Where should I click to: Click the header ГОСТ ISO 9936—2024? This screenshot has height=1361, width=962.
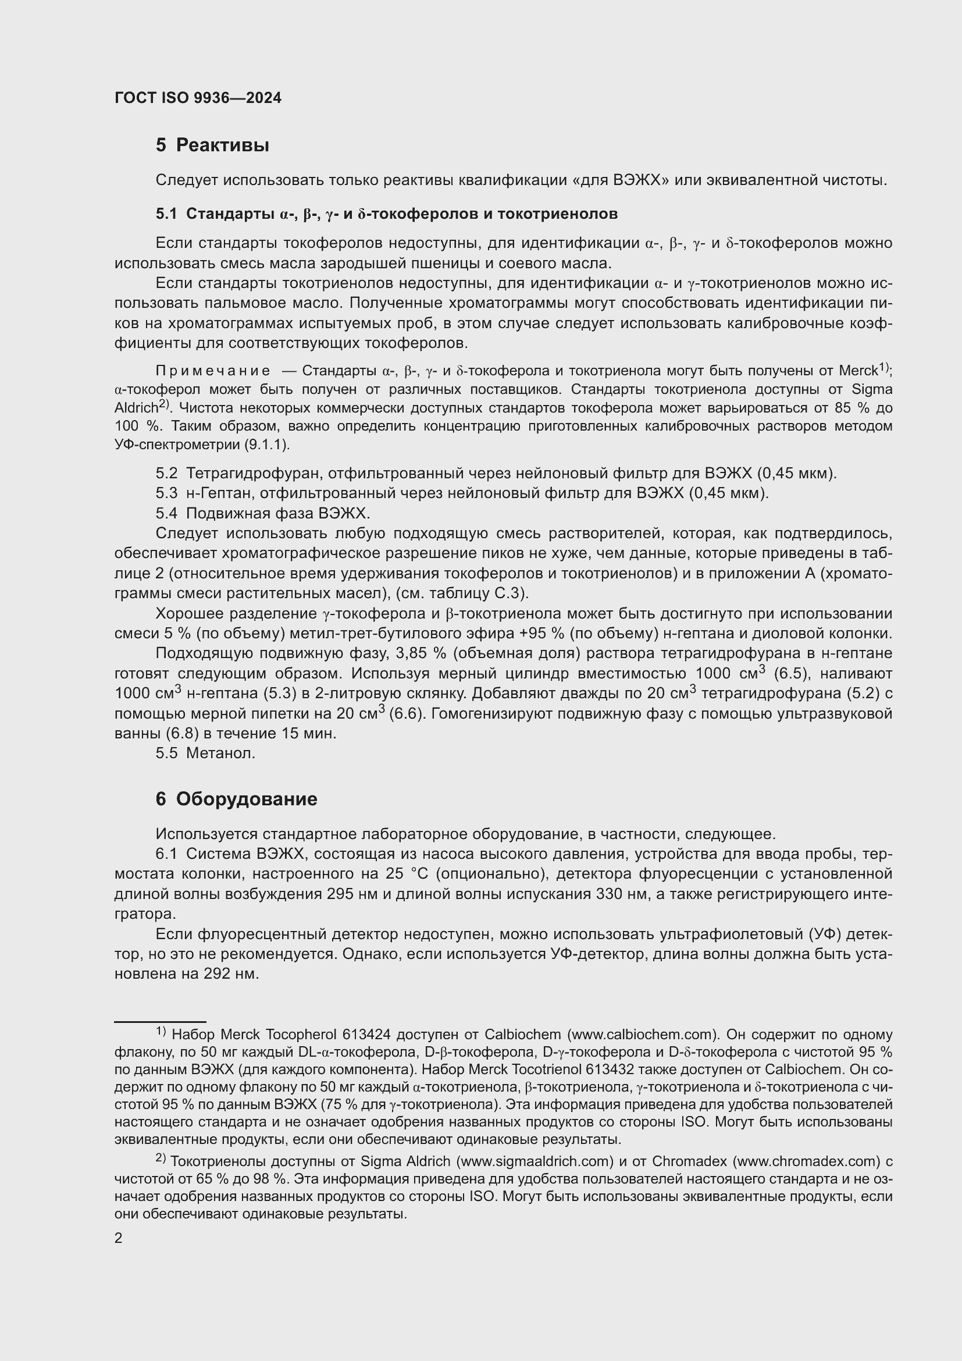[x=198, y=98]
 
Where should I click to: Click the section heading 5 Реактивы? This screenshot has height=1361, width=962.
[x=212, y=145]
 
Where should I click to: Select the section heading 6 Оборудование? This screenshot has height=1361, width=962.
[x=236, y=799]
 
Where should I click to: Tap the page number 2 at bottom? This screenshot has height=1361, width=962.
[x=119, y=1238]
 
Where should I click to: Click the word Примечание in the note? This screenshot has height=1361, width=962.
[x=213, y=371]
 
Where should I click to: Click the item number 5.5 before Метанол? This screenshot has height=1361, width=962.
[x=166, y=754]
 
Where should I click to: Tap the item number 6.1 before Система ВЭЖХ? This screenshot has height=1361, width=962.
[x=166, y=854]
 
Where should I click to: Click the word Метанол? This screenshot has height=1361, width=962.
[x=220, y=754]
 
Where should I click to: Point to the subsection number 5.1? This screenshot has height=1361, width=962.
[x=166, y=214]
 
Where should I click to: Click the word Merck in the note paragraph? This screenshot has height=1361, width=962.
[x=857, y=371]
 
